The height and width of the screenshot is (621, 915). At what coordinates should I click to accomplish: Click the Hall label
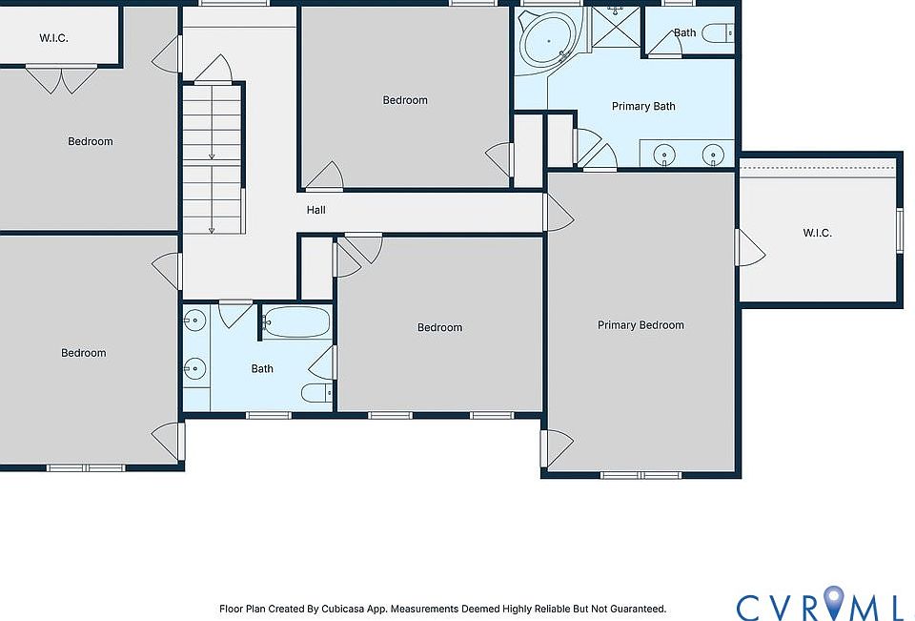point(315,210)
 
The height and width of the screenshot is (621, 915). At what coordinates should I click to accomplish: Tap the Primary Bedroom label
point(640,325)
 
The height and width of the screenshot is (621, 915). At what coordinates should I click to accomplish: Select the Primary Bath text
point(643,106)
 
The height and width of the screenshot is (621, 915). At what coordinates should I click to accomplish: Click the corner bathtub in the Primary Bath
point(548,40)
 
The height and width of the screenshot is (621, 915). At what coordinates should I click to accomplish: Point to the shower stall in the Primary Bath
point(617,27)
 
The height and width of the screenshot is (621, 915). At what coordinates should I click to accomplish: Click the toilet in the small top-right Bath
point(718,33)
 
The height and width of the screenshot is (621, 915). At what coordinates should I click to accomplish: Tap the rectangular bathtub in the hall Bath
point(295,321)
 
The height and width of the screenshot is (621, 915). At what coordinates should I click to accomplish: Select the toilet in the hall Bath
point(316,393)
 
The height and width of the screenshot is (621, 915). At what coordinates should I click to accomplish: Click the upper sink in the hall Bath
point(194,321)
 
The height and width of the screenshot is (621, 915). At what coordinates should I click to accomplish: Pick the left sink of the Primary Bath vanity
point(664,155)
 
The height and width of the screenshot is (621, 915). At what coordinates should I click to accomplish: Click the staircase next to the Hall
point(212,159)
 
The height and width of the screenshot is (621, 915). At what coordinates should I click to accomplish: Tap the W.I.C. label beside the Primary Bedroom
point(817,233)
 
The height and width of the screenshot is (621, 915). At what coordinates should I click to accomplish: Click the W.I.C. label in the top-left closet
point(53,38)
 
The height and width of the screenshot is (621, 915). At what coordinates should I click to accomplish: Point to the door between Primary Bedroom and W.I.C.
point(750,248)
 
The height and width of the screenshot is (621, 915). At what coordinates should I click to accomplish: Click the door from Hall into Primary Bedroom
point(559,213)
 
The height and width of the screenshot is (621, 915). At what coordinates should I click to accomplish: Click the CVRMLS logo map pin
point(835,602)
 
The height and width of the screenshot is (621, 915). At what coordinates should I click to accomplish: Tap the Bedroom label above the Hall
point(405,100)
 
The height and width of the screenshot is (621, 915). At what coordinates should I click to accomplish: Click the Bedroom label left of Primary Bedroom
point(440,328)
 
